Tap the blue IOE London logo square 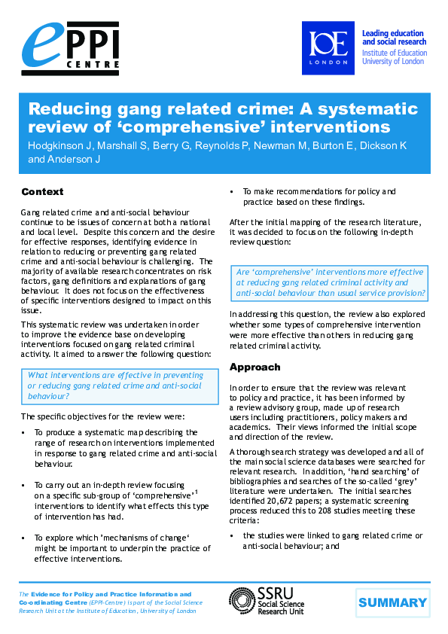coord(328,47)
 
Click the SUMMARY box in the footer coord(392,602)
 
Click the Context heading coord(42,192)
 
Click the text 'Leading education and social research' coord(394,38)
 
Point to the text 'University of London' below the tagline coord(393,61)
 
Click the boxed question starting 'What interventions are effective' coord(114,385)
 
